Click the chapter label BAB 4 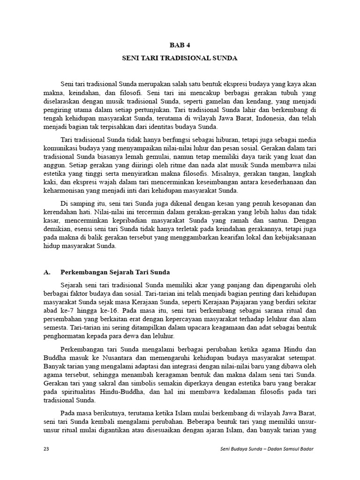coord(180,45)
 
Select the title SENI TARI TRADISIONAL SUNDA coord(180,59)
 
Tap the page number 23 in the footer coord(46,449)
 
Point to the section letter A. coord(46,272)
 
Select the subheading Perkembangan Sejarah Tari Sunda coord(115,272)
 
